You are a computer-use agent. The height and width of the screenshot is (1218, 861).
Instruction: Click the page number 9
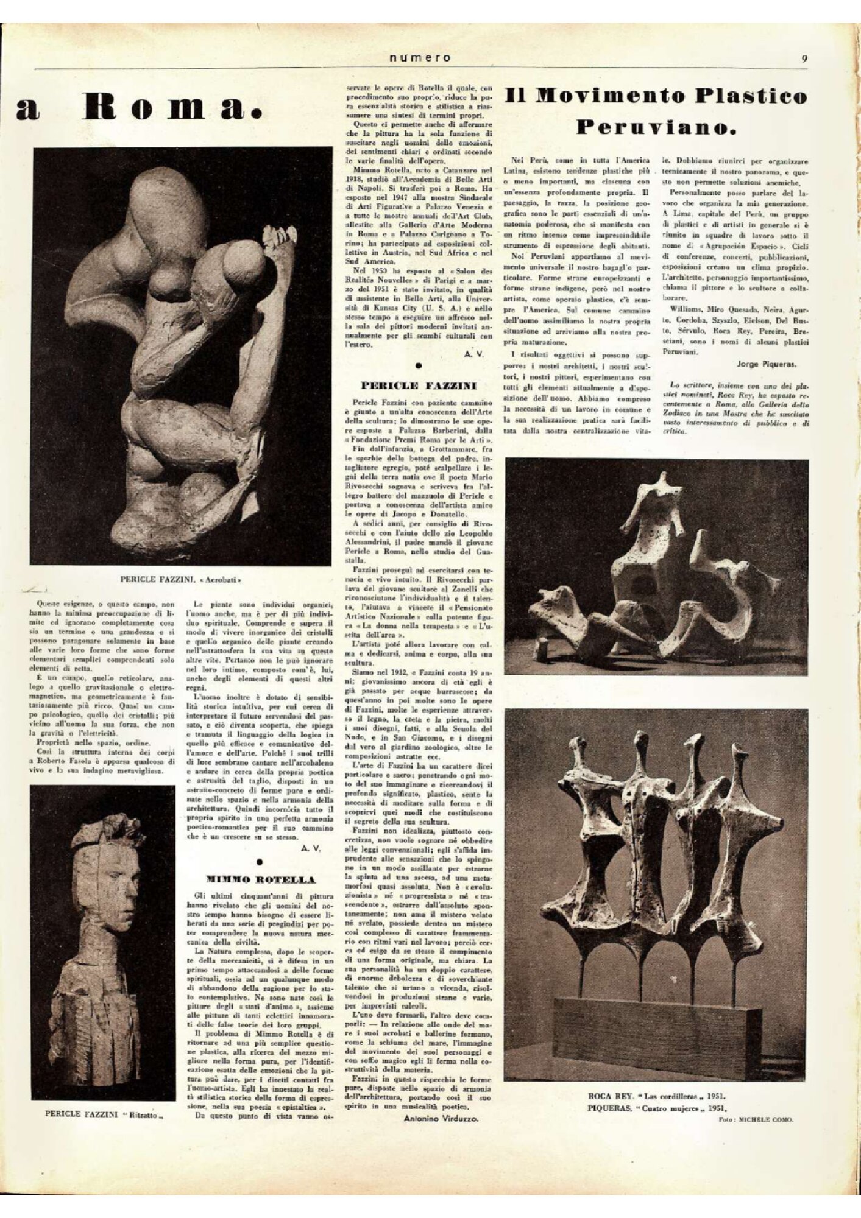tap(805, 59)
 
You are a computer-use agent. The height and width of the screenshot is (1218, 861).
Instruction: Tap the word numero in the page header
tap(420, 58)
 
